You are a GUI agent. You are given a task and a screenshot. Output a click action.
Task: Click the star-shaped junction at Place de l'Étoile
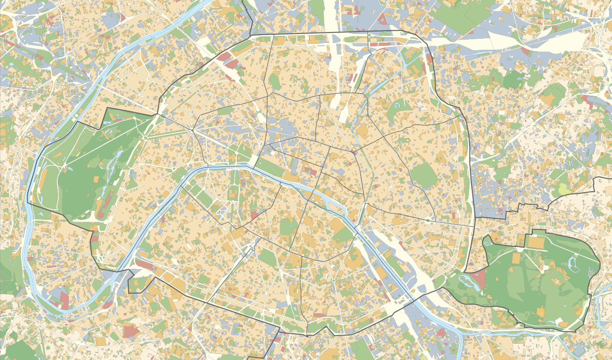(x=193, y=130)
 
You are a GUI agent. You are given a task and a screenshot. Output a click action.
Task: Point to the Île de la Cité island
(x=316, y=193)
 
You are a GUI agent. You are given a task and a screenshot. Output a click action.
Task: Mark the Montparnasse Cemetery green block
(x=268, y=258)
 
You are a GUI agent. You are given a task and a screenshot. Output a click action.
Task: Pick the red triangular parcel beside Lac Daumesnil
(x=479, y=280)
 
